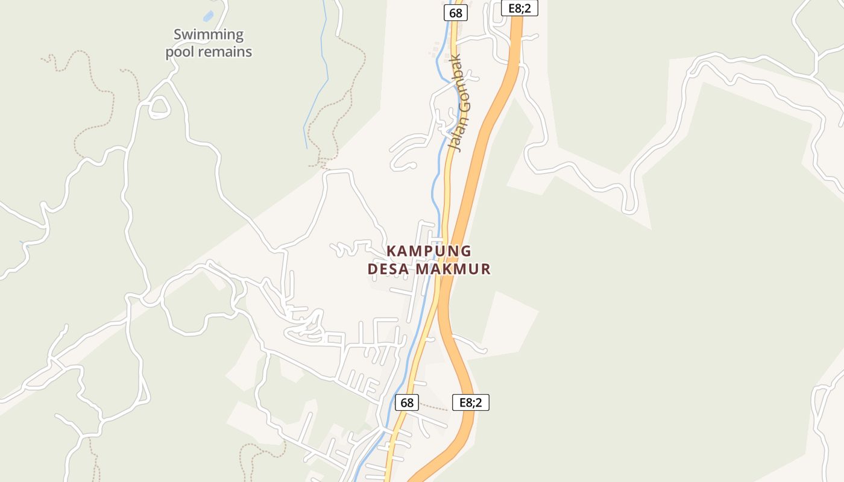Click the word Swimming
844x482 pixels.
(x=209, y=34)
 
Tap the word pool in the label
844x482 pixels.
(x=180, y=52)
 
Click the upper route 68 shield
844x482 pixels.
(x=456, y=13)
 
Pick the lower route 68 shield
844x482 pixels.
(x=407, y=402)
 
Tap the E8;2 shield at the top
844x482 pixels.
(x=519, y=8)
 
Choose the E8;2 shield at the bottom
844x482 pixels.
(x=471, y=402)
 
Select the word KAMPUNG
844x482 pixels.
(x=429, y=251)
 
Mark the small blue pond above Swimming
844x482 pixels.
(x=209, y=16)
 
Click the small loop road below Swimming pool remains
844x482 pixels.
(x=159, y=107)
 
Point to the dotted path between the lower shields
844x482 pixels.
(x=435, y=407)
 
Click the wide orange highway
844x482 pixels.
(x=482, y=151)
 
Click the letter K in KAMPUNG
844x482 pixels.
(x=391, y=251)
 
